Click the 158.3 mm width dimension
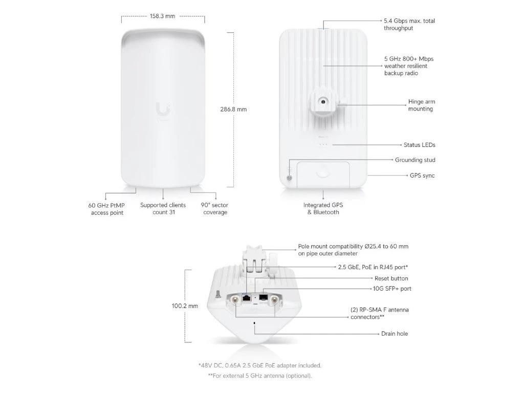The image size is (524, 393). [x=162, y=16]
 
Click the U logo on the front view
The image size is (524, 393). [x=162, y=109]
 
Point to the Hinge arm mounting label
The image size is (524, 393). [x=421, y=105]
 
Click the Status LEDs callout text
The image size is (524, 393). [x=419, y=145]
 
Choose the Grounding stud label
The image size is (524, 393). [x=415, y=160]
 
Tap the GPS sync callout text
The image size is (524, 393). [x=422, y=176]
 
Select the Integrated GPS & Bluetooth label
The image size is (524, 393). [x=323, y=208]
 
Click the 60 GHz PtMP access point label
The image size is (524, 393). [x=107, y=209]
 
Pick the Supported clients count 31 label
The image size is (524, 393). [x=163, y=208]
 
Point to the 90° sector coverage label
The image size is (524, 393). [x=215, y=208]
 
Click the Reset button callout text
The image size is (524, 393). [x=391, y=278]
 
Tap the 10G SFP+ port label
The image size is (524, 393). [x=392, y=289]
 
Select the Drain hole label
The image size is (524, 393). [x=394, y=334]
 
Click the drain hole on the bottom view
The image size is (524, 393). [x=254, y=323]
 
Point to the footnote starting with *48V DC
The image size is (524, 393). [x=259, y=365]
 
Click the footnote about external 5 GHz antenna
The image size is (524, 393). [x=259, y=376]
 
